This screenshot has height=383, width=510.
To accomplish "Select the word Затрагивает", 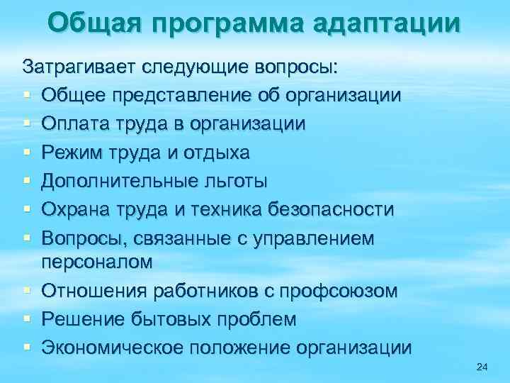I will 81,67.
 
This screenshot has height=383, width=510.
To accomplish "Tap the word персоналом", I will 97,262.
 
